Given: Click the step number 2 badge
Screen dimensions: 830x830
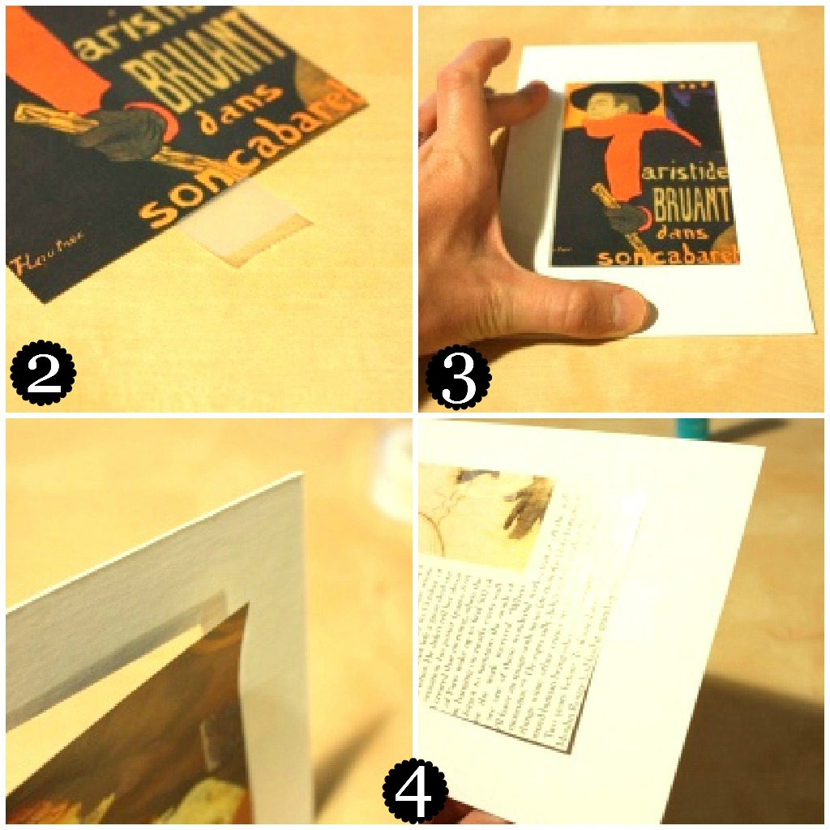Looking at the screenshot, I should [43, 374].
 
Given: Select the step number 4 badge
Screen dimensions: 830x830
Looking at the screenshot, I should [415, 790].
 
